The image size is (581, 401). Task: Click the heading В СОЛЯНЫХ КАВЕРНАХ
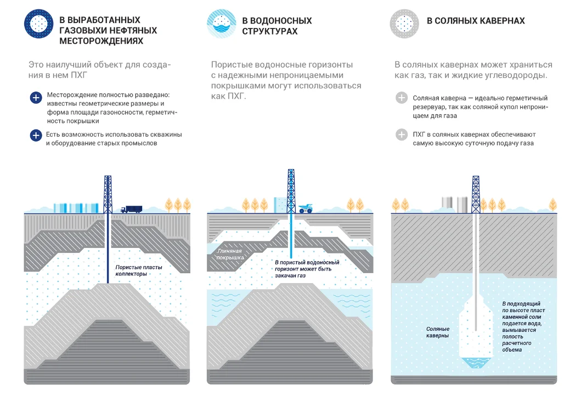click(x=476, y=21)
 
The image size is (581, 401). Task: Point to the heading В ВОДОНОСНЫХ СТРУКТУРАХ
click(x=277, y=26)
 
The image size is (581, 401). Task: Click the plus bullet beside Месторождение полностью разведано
click(x=36, y=98)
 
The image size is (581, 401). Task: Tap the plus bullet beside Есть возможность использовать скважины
click(x=36, y=135)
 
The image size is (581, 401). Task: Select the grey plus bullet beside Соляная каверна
click(x=402, y=98)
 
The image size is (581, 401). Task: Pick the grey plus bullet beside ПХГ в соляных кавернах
click(x=402, y=135)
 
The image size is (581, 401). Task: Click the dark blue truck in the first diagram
click(x=132, y=208)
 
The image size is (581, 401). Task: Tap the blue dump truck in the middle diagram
click(x=305, y=208)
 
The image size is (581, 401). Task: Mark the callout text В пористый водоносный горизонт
click(x=307, y=269)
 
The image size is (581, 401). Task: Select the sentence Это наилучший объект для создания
click(x=99, y=70)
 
